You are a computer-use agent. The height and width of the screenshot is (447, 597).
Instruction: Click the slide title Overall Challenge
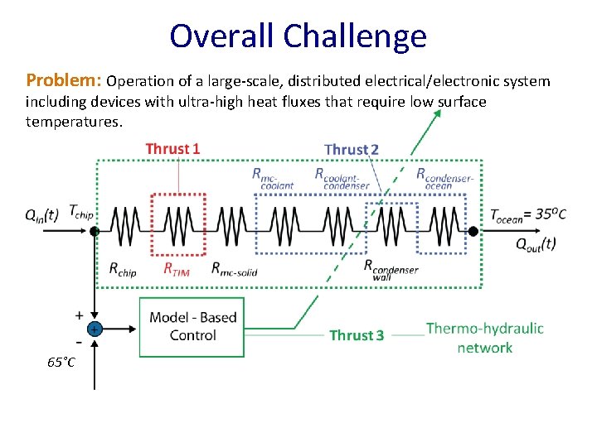pos(298,36)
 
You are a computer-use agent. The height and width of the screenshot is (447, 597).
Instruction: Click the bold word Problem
pos(63,81)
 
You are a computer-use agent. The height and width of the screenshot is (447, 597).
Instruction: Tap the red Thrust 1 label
pos(172,149)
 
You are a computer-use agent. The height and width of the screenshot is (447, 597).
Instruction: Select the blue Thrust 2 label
pos(352,150)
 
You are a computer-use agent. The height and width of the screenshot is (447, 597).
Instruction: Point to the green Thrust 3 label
pos(357,335)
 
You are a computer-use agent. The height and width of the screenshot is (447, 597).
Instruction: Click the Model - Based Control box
pos(192,326)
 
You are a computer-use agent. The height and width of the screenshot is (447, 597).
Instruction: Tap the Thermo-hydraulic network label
pos(484,338)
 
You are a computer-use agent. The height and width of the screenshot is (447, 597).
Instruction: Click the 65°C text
pos(61,363)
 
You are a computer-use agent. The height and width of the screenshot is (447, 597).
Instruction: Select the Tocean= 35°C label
pos(529,215)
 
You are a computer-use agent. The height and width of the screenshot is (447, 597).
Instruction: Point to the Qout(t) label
pos(536,243)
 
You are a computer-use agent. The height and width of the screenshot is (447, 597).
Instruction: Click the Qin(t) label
pos(41,214)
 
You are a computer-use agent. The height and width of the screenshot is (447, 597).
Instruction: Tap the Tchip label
pos(81,211)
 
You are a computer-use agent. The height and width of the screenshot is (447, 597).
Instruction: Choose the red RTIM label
pos(176,268)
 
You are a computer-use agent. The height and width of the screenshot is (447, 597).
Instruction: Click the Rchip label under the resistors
pos(123,268)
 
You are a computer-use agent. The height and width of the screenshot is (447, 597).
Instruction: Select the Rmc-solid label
pos(234,268)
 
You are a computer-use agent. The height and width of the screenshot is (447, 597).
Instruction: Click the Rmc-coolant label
pos(273,179)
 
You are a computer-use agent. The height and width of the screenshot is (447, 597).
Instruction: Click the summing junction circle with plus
pos(95,329)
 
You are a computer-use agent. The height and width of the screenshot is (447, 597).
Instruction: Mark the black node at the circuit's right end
pos(473,232)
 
